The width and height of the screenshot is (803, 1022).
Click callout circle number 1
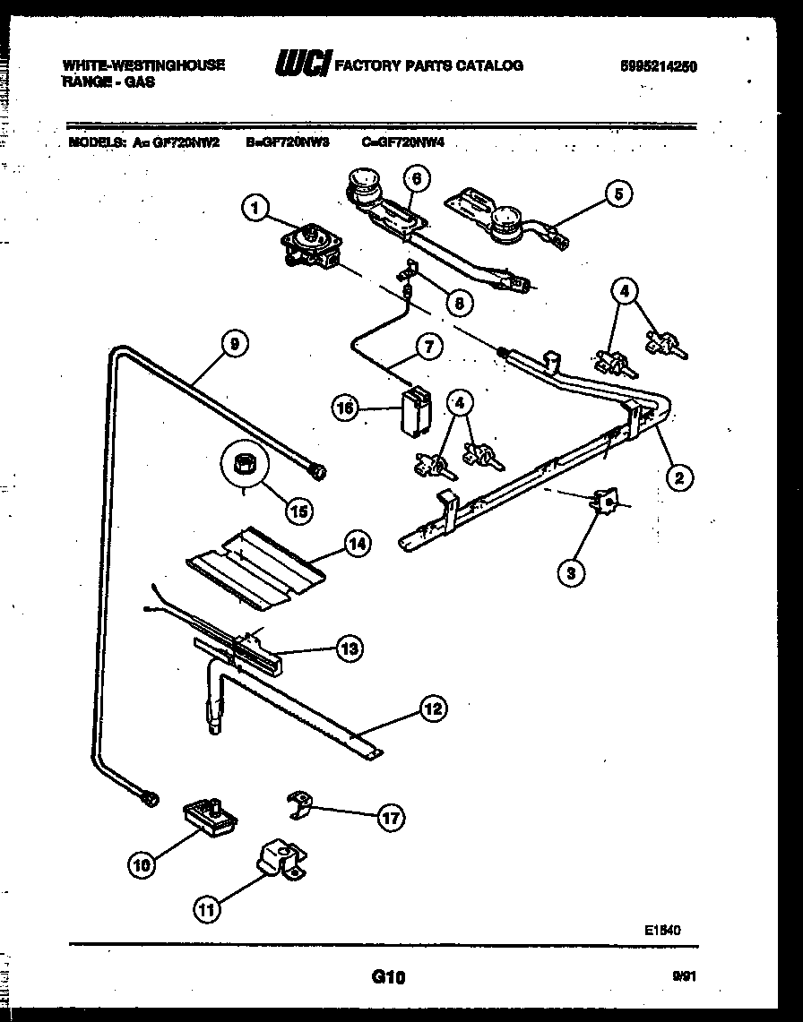tap(255, 209)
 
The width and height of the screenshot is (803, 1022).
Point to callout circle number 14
tap(357, 544)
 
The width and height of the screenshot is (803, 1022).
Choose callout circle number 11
tap(207, 910)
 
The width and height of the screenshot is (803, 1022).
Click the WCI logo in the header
tap(301, 64)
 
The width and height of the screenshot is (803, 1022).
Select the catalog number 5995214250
tap(659, 66)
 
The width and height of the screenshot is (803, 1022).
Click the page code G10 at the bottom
tap(389, 978)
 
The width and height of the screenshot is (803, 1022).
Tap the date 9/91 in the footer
tap(684, 978)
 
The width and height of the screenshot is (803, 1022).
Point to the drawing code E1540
tap(662, 931)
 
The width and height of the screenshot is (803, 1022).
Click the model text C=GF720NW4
tap(403, 142)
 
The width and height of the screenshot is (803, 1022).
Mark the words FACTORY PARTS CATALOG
tap(428, 65)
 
